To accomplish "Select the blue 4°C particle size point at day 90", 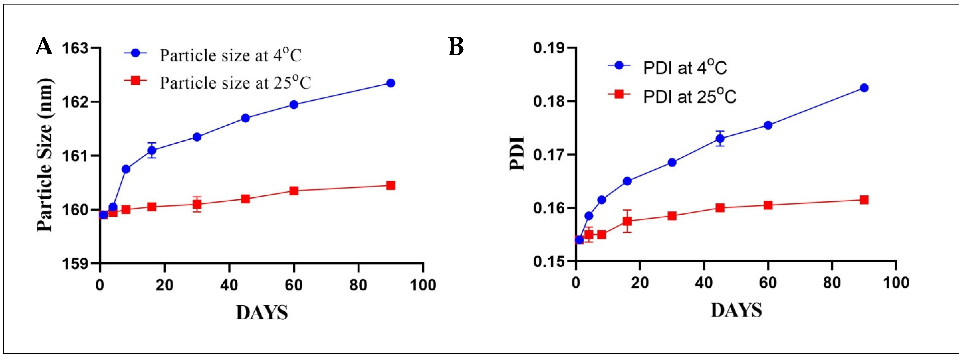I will [x=391, y=83].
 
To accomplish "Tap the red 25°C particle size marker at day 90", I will [x=391, y=186].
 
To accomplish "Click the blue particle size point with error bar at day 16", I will [x=152, y=150].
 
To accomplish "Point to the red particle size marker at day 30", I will [x=197, y=204].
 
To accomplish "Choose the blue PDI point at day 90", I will [x=864, y=88].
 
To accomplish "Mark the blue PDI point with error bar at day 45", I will [x=720, y=139].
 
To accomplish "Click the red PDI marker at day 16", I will [x=627, y=221].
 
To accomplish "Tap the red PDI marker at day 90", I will [x=864, y=200].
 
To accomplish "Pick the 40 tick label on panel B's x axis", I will [x=704, y=283].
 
